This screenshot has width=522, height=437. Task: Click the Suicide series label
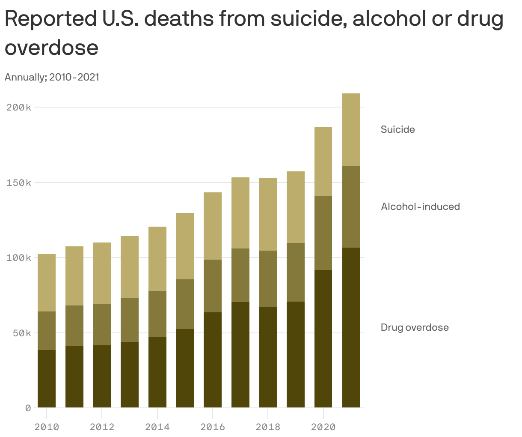[397, 129]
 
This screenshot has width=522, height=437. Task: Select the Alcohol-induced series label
[420, 207]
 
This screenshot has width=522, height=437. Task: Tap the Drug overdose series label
[415, 327]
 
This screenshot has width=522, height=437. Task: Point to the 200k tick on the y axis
[19, 107]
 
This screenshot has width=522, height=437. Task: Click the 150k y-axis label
[19, 183]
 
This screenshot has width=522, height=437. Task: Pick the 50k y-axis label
[21, 333]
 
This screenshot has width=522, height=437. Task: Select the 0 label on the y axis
[28, 408]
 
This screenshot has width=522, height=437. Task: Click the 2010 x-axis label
[47, 427]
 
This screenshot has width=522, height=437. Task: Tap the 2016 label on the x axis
[213, 427]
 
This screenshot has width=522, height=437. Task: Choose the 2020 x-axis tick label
[323, 427]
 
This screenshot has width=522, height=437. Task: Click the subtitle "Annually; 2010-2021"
[52, 77]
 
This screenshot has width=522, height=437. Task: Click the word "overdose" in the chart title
[51, 47]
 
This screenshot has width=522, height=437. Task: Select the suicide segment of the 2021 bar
[351, 129]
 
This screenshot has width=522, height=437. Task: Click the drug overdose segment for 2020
[323, 338]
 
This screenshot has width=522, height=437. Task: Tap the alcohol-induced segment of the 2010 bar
[47, 331]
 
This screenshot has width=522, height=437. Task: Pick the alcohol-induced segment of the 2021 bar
[351, 207]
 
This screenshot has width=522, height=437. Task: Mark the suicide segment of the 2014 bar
[157, 259]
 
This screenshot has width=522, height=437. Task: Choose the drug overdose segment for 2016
[213, 360]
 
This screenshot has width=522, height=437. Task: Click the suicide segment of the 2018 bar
[268, 214]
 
